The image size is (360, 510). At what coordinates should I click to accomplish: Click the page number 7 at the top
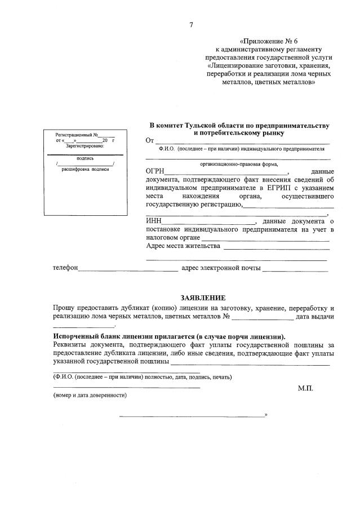point(191,24)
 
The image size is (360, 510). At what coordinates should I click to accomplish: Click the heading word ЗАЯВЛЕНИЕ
point(202,296)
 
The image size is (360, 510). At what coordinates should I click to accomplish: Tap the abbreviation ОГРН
point(154,171)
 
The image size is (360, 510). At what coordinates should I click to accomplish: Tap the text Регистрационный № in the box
point(77,135)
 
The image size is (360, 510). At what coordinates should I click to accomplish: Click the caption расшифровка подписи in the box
point(85,170)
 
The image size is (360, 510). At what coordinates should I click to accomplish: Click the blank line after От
point(242,141)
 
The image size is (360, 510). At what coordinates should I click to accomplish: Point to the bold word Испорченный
point(74,336)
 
